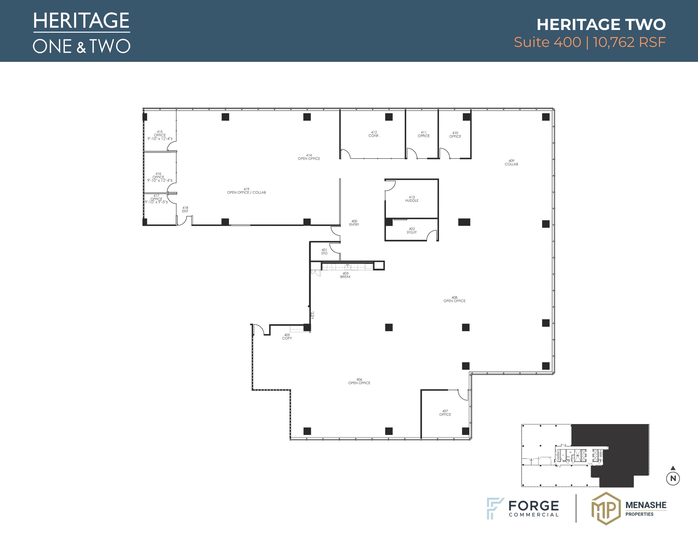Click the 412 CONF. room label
[374, 134]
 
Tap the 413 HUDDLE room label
[412, 199]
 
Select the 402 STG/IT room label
[412, 231]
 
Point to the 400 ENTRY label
[354, 223]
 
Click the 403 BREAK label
[345, 275]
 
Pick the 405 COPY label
[287, 337]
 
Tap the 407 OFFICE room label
[445, 413]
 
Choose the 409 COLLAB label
[511, 162]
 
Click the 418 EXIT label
[185, 209]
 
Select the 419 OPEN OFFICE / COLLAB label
[246, 191]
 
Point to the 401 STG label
[324, 252]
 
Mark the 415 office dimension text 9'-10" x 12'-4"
[160, 139]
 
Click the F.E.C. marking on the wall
[313, 315]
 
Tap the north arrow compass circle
[673, 478]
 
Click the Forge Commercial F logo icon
[495, 508]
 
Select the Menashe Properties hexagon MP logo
[606, 508]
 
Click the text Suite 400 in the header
[547, 42]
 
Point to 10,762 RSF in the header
[629, 42]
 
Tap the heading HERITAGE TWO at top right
[601, 25]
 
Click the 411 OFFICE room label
[424, 134]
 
